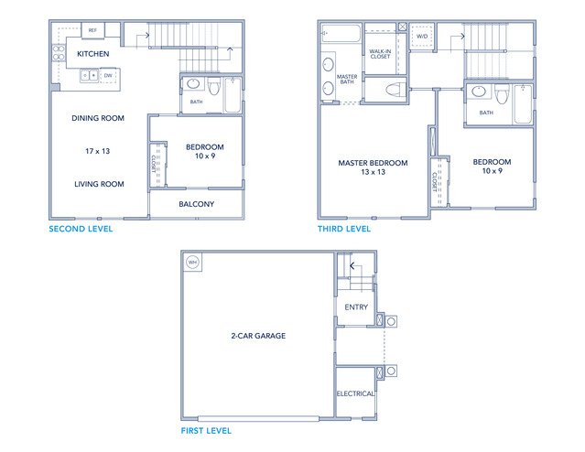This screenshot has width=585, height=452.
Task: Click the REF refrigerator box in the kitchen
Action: pos(92,30)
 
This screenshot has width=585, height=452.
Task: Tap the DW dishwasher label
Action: pos(108,75)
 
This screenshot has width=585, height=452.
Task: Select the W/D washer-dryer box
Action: pos(422,37)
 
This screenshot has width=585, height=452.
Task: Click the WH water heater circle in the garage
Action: pos(192,263)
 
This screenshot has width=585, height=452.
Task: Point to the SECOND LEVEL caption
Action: pos(81,229)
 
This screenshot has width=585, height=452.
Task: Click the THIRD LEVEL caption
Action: pos(344,229)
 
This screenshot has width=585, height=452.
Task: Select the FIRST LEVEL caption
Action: pos(206,431)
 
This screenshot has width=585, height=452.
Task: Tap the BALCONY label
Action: pos(196,204)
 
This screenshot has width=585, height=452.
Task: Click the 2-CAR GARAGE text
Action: pos(258,336)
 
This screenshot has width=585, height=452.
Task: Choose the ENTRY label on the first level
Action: pos(356,307)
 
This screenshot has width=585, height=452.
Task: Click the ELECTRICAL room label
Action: pos(355,393)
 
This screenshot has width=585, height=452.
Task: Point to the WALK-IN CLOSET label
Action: pos(380,54)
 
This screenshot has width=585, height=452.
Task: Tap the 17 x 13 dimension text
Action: pos(97,151)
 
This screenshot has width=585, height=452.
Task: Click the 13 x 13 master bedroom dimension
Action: pos(374,172)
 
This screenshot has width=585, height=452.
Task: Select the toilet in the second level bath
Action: pos(214,87)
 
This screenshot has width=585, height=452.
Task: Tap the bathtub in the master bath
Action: pos(341,34)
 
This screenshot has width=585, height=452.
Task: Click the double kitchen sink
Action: pos(89,76)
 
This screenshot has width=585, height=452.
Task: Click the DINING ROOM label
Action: pos(98,118)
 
